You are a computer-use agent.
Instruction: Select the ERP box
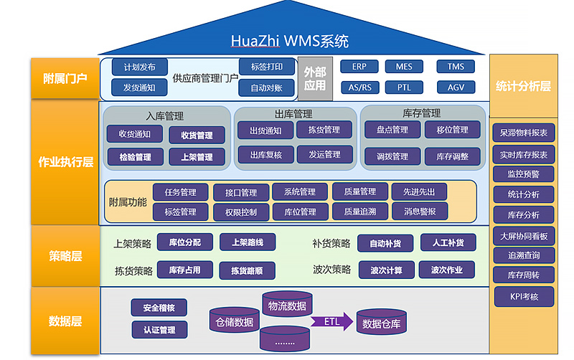(359, 67)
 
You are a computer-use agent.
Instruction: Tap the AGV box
(456, 87)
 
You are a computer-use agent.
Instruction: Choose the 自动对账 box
(266, 88)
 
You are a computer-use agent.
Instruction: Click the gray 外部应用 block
(314, 78)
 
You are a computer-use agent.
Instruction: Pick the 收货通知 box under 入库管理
(134, 134)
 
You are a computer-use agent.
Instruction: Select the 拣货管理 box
(324, 130)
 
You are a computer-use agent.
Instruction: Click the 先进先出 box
(419, 191)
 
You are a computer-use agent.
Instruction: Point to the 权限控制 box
(240, 212)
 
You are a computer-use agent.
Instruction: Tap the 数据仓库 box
(381, 323)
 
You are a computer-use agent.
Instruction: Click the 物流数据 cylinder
(286, 305)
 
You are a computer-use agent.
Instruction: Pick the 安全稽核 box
(159, 308)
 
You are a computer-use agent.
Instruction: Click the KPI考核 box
(523, 296)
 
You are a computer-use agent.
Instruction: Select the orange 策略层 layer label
(65, 255)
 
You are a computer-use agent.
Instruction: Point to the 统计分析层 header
(523, 86)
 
